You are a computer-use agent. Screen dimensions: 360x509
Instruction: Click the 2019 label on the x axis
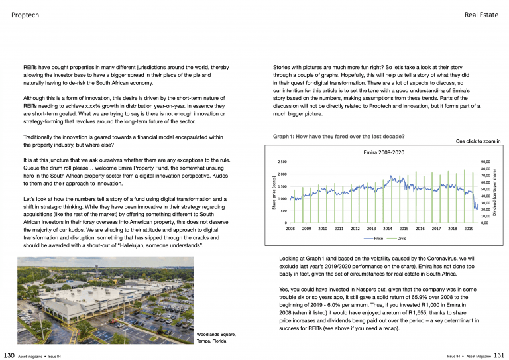[469, 228]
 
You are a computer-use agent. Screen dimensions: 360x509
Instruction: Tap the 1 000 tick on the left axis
[282, 199]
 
